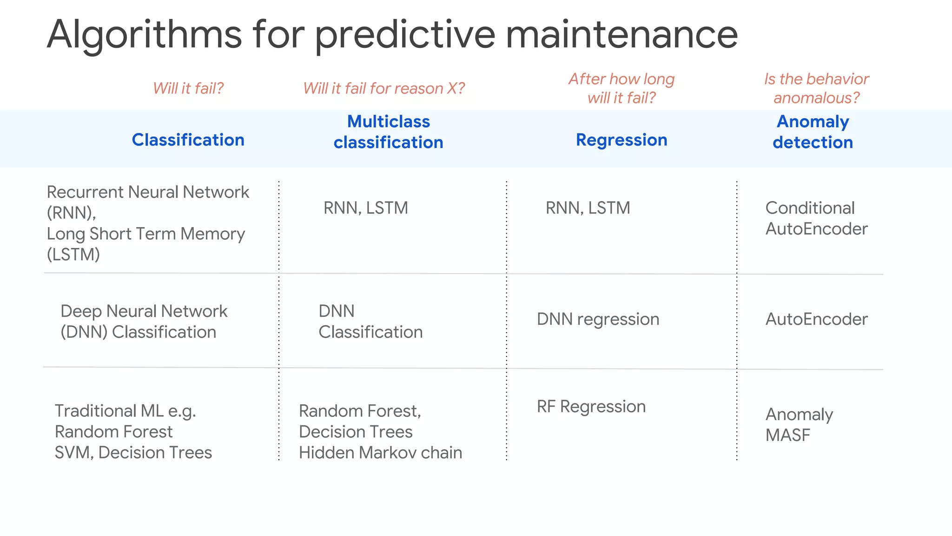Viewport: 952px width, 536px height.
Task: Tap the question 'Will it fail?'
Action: pyautogui.click(x=188, y=88)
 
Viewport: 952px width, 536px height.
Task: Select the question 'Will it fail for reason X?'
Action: pyautogui.click(x=384, y=88)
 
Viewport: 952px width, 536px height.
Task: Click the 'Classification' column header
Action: pyautogui.click(x=188, y=140)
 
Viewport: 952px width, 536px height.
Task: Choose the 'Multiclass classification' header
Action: pyautogui.click(x=388, y=132)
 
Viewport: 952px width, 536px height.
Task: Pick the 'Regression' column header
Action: pyautogui.click(x=621, y=140)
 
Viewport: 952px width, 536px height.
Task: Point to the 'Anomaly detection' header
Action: pyautogui.click(x=813, y=132)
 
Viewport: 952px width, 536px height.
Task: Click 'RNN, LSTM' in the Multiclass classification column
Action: pyautogui.click(x=366, y=208)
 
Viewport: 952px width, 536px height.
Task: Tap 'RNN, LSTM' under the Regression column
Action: pyautogui.click(x=588, y=208)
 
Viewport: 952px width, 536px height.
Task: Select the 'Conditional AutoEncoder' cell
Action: pyautogui.click(x=816, y=218)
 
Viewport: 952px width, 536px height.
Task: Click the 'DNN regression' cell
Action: pyautogui.click(x=598, y=319)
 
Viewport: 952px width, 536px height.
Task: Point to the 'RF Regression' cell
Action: pyautogui.click(x=591, y=407)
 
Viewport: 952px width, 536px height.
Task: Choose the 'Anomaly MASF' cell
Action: pyautogui.click(x=799, y=424)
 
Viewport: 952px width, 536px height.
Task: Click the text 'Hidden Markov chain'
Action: pyautogui.click(x=380, y=453)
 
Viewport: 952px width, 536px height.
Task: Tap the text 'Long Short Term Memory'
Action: pyautogui.click(x=145, y=234)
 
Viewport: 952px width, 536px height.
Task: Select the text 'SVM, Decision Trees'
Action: pyautogui.click(x=133, y=453)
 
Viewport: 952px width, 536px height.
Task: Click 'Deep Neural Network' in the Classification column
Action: pyautogui.click(x=144, y=311)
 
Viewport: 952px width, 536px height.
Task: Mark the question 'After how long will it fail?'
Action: pyautogui.click(x=621, y=88)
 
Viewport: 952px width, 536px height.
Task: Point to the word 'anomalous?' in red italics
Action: pyautogui.click(x=816, y=98)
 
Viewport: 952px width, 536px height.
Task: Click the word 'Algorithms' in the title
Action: pyautogui.click(x=144, y=35)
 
